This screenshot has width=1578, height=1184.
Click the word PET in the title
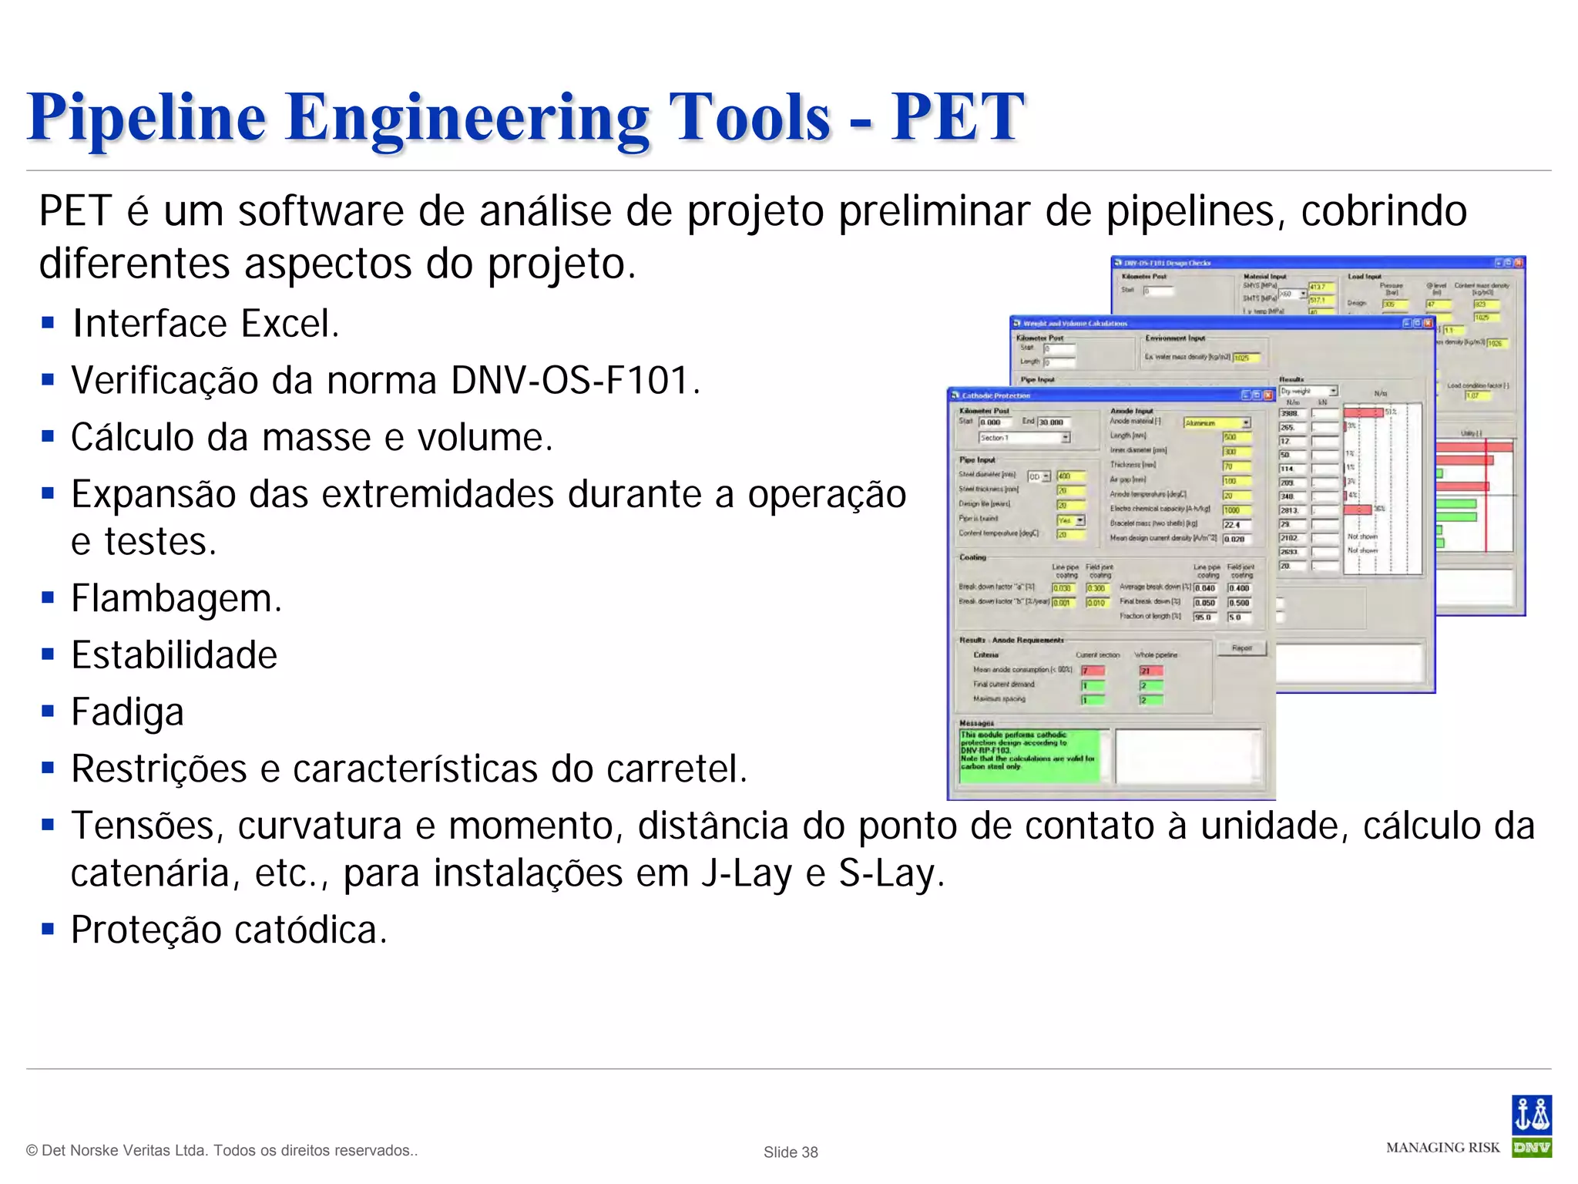pos(956,117)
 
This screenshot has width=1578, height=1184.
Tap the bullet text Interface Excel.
pos(205,324)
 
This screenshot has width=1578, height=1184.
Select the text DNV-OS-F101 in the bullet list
pos(569,380)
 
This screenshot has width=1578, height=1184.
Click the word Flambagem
pos(176,598)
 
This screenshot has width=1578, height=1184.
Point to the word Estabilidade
pos(174,655)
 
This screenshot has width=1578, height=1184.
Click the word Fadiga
pos(127,712)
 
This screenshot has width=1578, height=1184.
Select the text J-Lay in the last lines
pos(746,873)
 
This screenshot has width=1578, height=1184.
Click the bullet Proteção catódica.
pos(229,930)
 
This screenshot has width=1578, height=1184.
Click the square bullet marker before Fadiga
pos(49,710)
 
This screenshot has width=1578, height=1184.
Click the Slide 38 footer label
pos(791,1152)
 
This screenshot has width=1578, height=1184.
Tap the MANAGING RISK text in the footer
pos(1442,1148)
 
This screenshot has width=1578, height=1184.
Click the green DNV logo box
pos(1531,1148)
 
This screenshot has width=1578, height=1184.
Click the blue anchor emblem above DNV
pos(1531,1115)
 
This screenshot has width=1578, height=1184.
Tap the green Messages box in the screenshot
pos(1029,756)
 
